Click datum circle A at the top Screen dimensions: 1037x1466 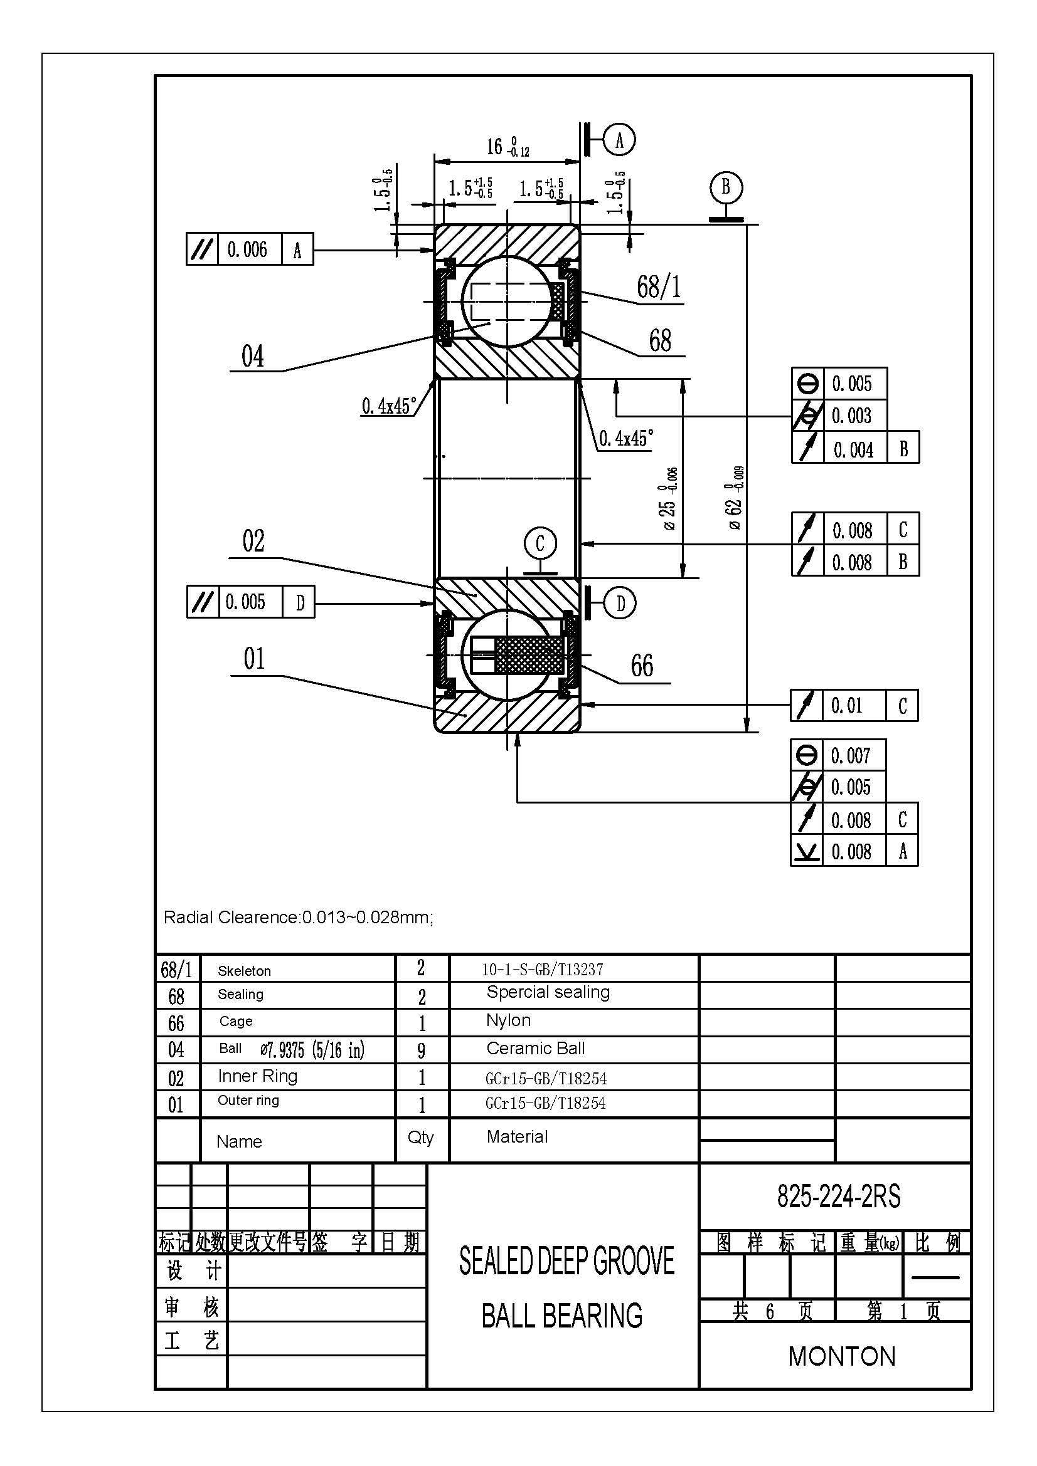coord(619,140)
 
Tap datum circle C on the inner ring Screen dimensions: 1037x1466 coord(540,543)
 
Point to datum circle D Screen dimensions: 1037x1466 coord(620,603)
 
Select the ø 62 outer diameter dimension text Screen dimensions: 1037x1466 coord(735,498)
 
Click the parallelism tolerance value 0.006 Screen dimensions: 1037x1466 coord(247,249)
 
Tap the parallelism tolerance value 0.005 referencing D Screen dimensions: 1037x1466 coord(245,602)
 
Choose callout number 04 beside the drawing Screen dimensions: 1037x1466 coord(252,356)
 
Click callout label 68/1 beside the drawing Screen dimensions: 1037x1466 coord(659,286)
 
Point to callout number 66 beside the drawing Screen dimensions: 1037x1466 coord(642,666)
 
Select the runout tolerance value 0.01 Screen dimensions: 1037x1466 coord(846,706)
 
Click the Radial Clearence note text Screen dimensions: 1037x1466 coord(299,918)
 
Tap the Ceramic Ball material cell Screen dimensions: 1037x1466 coord(535,1049)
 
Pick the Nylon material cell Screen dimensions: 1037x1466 coord(508,1020)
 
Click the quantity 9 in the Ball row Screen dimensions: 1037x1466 coord(422,1050)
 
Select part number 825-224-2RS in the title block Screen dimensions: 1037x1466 coord(838,1196)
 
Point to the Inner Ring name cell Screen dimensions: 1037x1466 coord(257,1076)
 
